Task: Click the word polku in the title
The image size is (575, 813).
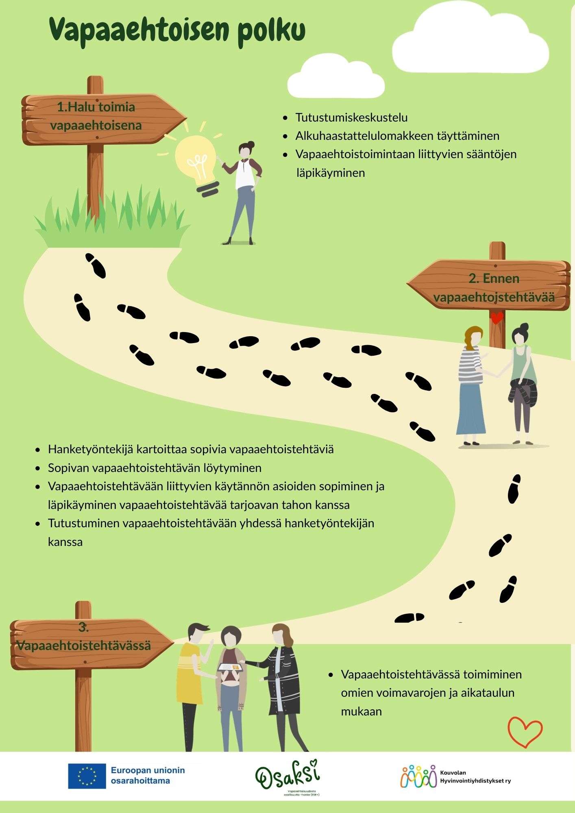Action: point(271,30)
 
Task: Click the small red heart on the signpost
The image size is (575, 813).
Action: point(497,317)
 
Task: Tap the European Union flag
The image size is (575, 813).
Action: point(87,776)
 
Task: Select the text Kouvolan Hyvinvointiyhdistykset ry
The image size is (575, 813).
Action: point(475,776)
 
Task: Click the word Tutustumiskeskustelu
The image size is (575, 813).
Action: point(351,117)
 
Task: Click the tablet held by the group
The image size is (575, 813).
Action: point(230,667)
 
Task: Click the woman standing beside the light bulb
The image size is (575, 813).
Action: point(244,191)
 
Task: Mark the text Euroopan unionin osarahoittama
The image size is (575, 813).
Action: point(148,776)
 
